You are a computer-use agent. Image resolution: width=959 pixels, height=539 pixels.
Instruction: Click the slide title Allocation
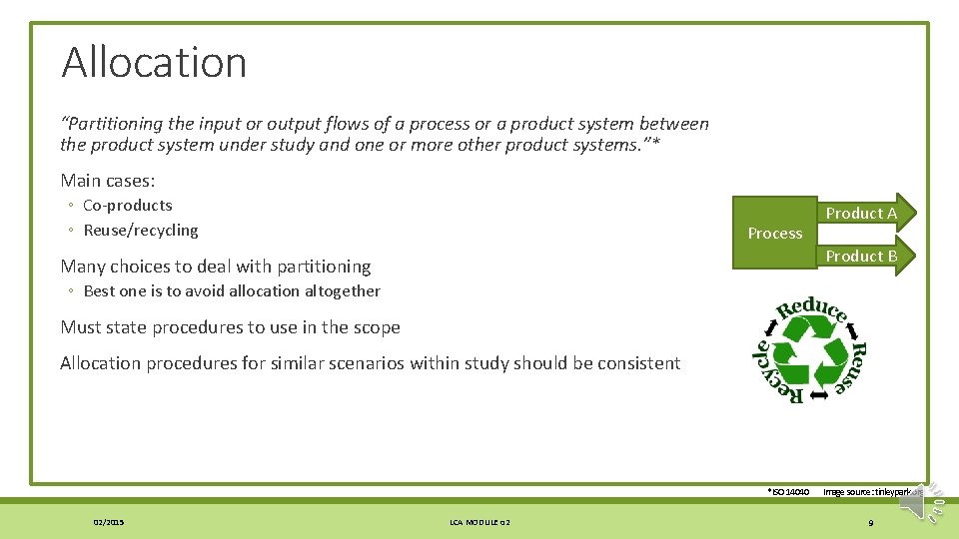(154, 63)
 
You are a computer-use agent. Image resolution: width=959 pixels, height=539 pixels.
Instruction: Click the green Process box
(774, 233)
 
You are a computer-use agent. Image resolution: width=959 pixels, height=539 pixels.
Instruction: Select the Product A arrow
(862, 213)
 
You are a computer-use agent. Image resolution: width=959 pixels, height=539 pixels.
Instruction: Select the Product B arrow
(862, 256)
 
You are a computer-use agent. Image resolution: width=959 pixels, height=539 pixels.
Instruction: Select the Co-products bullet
(127, 206)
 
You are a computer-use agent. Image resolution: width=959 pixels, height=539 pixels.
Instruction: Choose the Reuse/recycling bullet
(140, 231)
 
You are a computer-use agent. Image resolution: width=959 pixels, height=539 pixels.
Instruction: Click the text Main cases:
(108, 181)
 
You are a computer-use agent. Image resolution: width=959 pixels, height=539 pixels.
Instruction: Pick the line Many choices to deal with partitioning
(216, 267)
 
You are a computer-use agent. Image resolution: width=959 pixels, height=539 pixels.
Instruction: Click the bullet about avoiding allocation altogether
(231, 291)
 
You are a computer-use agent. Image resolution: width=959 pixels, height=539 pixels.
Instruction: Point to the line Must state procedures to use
(230, 327)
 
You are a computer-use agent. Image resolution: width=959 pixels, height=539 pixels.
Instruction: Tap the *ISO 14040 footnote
(787, 492)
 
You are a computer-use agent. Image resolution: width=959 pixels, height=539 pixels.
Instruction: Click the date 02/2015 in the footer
(109, 522)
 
